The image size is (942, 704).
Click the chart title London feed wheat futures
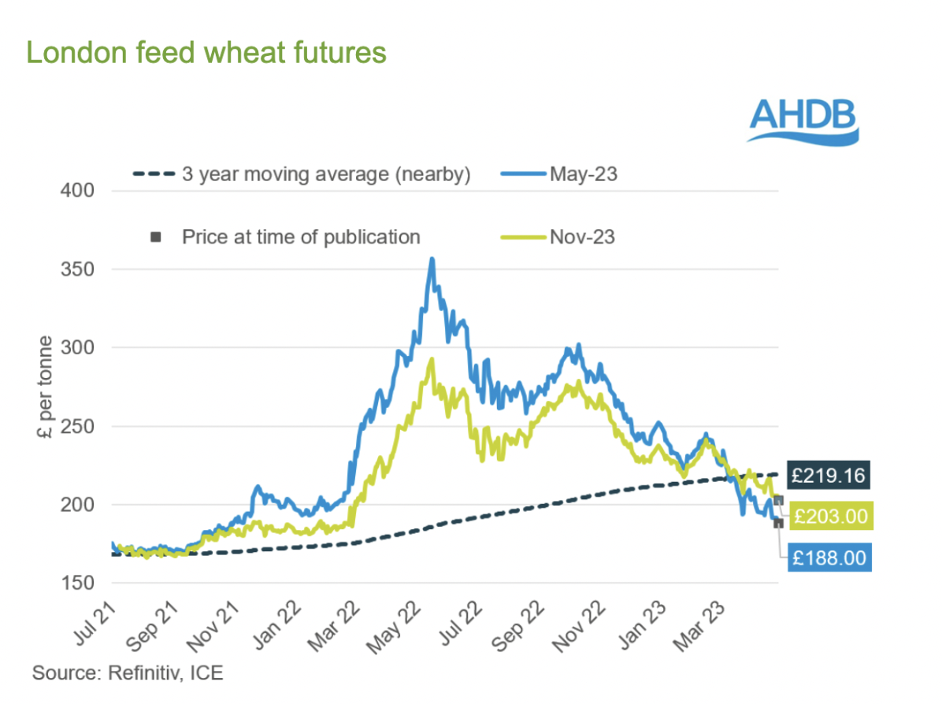206,53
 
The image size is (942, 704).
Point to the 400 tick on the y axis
77,191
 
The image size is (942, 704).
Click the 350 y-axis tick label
77,269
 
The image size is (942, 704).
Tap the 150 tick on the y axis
77,584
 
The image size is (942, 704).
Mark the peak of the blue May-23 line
432,258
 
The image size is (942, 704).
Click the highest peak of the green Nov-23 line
431,359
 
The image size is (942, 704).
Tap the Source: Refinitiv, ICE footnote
128,673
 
